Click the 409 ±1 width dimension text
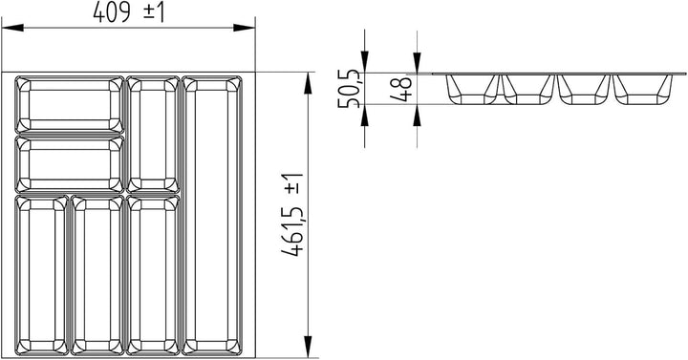[x=130, y=13]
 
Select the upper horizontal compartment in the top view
[x=70, y=104]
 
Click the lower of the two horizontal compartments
[x=70, y=164]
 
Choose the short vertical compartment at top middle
[x=151, y=135]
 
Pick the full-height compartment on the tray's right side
[x=213, y=214]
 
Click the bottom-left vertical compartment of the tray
[x=40, y=273]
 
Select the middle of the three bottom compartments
[x=96, y=273]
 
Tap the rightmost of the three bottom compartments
[x=151, y=273]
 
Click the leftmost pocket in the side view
[x=473, y=89]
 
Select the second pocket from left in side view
[x=528, y=89]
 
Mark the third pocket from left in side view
[x=585, y=89]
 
